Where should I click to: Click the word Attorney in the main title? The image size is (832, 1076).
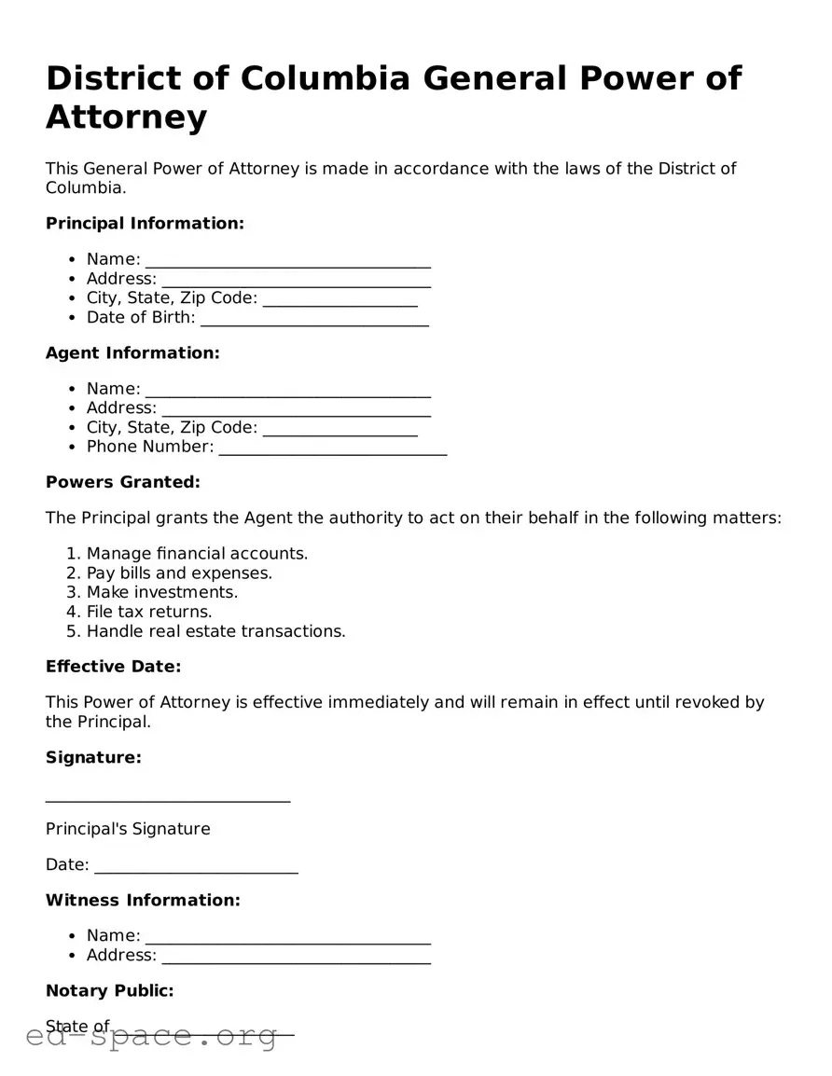point(127,118)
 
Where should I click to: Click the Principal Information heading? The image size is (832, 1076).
point(145,224)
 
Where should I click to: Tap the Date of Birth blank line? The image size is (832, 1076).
point(314,320)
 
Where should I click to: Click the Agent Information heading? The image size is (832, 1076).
point(132,353)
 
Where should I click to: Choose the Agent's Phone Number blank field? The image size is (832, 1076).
point(332,449)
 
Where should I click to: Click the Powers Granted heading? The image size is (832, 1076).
point(123,482)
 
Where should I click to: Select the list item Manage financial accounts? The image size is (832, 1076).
point(197,554)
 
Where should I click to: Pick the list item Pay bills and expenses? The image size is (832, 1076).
point(179,573)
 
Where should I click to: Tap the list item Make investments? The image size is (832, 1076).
point(162,593)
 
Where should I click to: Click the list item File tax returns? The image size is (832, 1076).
point(149,613)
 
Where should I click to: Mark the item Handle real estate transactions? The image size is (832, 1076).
point(215,632)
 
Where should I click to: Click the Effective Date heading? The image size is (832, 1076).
point(113,667)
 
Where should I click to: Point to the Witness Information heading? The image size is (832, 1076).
point(143,901)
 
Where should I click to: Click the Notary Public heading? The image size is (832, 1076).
point(110,991)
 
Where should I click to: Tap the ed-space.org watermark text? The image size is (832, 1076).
point(152,1037)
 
